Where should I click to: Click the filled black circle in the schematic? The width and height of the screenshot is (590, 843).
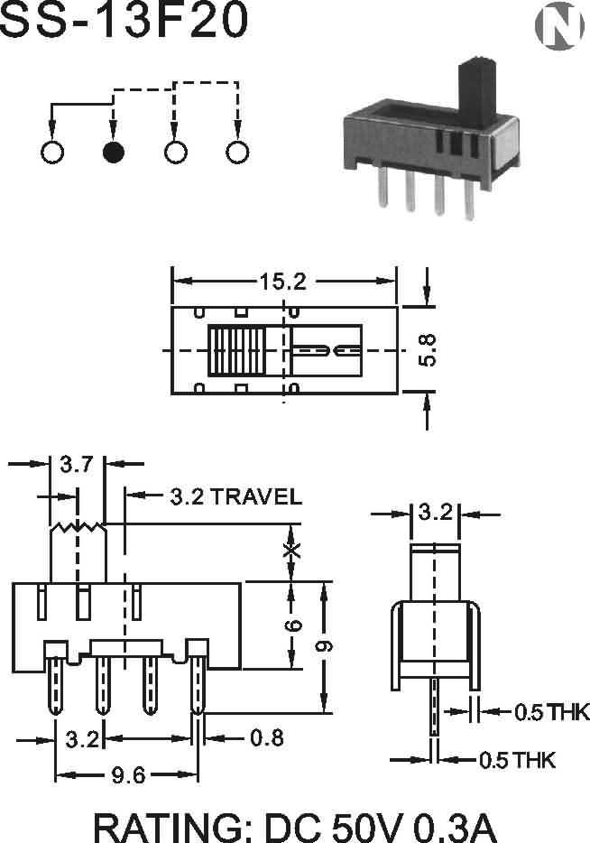(x=114, y=153)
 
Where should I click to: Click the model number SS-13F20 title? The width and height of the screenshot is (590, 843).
(x=124, y=21)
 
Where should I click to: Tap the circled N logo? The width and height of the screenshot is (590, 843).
(x=559, y=25)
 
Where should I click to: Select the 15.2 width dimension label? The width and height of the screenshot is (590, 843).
(x=283, y=282)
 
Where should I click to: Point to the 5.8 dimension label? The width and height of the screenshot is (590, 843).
(x=428, y=350)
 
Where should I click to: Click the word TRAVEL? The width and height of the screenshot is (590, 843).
(x=256, y=496)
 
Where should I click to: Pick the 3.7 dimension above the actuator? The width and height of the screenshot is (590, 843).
(x=77, y=464)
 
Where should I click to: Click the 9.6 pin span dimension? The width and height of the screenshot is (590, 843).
(x=128, y=775)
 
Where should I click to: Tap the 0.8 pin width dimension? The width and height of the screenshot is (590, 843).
(x=267, y=738)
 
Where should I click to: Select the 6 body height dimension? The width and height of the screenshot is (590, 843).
(x=293, y=625)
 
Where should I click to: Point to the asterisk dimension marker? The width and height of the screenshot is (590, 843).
(x=291, y=550)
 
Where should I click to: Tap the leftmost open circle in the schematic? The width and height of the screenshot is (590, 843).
(x=52, y=153)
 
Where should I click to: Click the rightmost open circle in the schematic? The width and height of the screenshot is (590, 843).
(x=237, y=153)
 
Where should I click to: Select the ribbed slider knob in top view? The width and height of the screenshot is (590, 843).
(x=237, y=350)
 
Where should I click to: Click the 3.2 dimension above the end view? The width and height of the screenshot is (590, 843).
(x=435, y=512)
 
